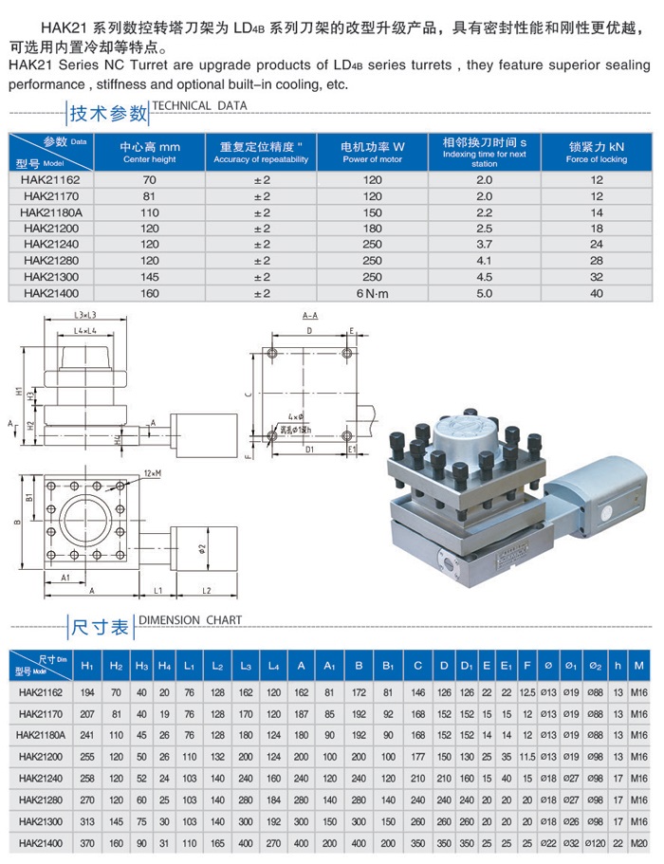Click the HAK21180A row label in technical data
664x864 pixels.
point(52,212)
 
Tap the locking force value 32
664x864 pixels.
point(596,277)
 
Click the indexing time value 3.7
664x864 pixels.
point(485,245)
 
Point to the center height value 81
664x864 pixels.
point(149,196)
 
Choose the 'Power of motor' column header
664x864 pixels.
point(373,152)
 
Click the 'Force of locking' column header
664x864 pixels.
point(596,152)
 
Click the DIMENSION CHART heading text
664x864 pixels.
point(190,620)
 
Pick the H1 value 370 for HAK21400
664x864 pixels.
point(86,841)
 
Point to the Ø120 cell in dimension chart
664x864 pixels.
point(593,841)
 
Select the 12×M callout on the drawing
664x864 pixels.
point(153,472)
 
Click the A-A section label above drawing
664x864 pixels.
point(309,315)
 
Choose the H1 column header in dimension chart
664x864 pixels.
point(86,666)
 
